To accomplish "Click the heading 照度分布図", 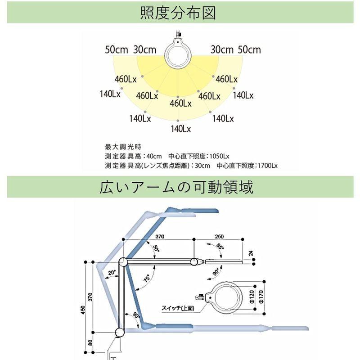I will point(179,13).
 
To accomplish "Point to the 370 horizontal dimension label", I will point(159,236).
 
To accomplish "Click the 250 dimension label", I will point(219,236).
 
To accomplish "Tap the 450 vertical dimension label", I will point(83,310).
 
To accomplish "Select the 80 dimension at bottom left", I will point(90,343).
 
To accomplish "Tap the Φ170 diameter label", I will point(262,297).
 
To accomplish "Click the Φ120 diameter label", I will point(252,297).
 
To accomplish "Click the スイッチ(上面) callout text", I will point(177,308).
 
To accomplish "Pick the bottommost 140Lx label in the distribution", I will point(180,129).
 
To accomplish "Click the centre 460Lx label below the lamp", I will point(180,103).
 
